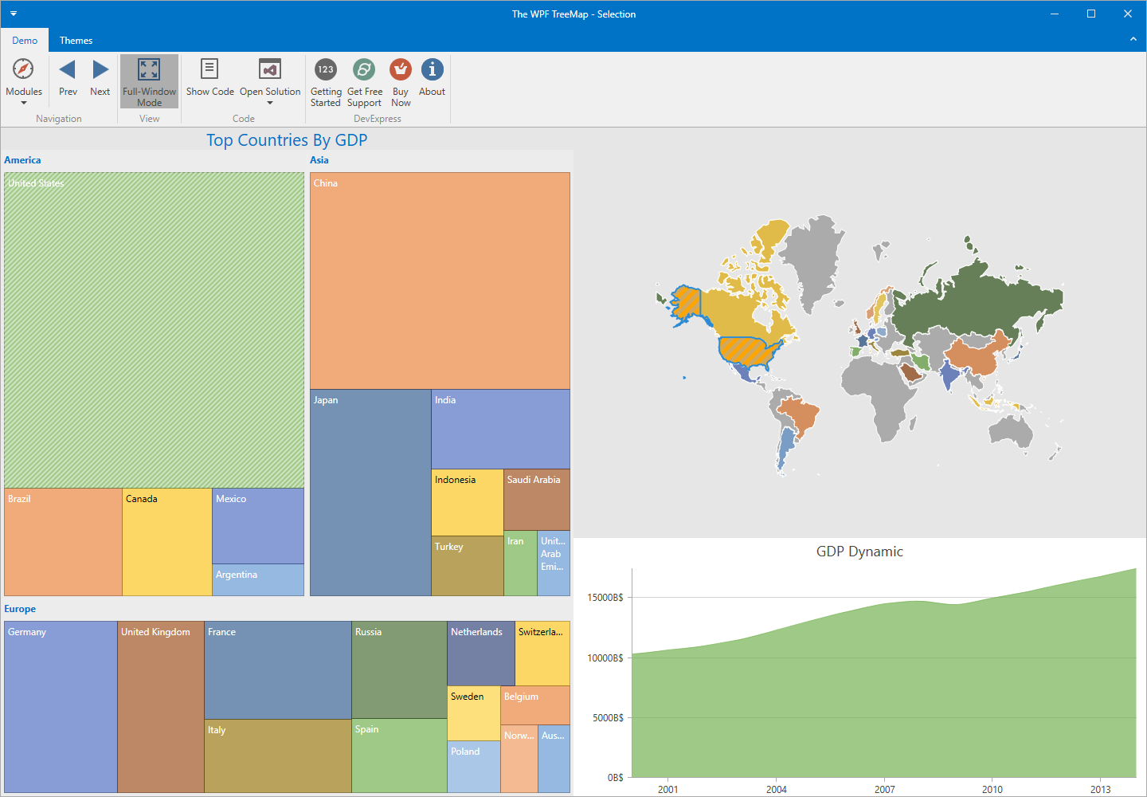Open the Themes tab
[x=76, y=41]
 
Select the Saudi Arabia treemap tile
[x=537, y=501]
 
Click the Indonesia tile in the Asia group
[x=467, y=503]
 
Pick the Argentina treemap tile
[x=258, y=580]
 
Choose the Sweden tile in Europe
[x=473, y=713]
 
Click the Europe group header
[x=20, y=609]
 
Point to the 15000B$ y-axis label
[x=605, y=598]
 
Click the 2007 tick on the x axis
[x=884, y=789]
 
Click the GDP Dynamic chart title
[x=859, y=552]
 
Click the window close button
[x=1127, y=14]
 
